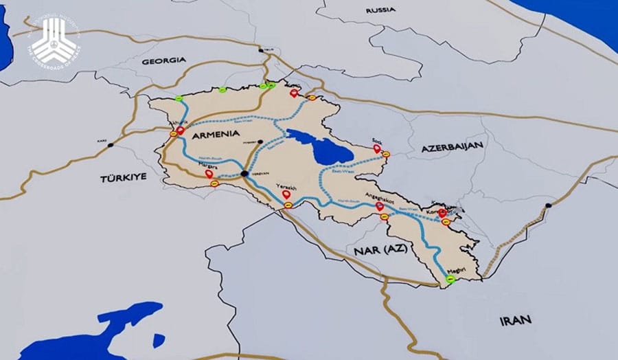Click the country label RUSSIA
click(380, 10)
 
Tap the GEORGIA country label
click(163, 60)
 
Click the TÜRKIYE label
click(124, 177)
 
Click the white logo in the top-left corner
click(55, 39)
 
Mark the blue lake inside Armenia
click(319, 146)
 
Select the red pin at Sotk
click(377, 148)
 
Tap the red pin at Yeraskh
click(286, 194)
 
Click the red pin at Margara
click(209, 174)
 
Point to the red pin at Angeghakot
click(380, 205)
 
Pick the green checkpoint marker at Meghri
click(450, 280)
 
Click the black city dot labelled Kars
click(111, 146)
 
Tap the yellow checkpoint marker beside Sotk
click(386, 154)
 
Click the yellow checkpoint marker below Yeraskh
click(289, 204)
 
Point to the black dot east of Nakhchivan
click(548, 205)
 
